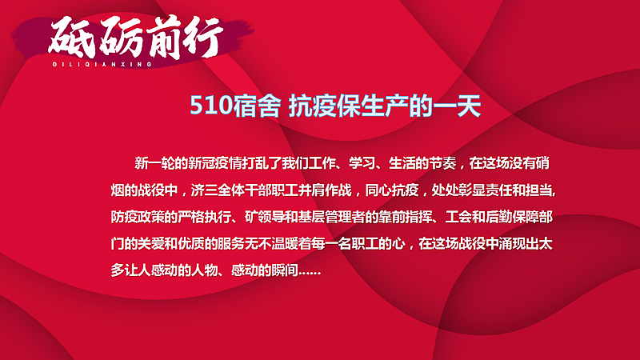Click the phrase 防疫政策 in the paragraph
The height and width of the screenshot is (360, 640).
coord(141,217)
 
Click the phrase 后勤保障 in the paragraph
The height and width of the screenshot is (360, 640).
coord(506,217)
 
